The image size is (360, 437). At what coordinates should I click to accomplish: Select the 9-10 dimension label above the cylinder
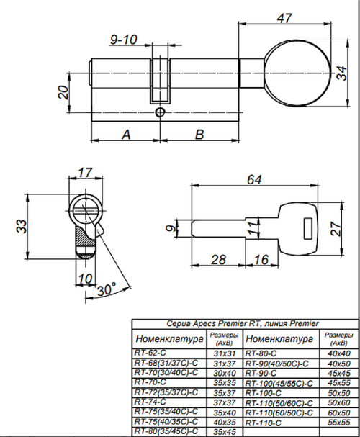tap(124, 40)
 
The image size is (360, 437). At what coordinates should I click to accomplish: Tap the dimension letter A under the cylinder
tap(125, 134)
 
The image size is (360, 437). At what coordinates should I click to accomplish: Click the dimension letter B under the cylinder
tap(199, 134)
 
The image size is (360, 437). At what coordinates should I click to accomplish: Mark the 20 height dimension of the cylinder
tap(63, 92)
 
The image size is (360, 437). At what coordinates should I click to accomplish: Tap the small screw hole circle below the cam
tap(160, 112)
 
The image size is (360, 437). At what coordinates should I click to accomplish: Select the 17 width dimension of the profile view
tap(85, 173)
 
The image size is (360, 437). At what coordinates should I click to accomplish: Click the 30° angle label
tap(106, 289)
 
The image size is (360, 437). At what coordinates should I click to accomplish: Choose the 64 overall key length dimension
tap(253, 180)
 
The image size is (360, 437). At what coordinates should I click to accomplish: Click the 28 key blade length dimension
tap(220, 260)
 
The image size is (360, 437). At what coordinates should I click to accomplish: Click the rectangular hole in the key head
tap(305, 230)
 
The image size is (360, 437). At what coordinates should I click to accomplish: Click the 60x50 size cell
tap(334, 413)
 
